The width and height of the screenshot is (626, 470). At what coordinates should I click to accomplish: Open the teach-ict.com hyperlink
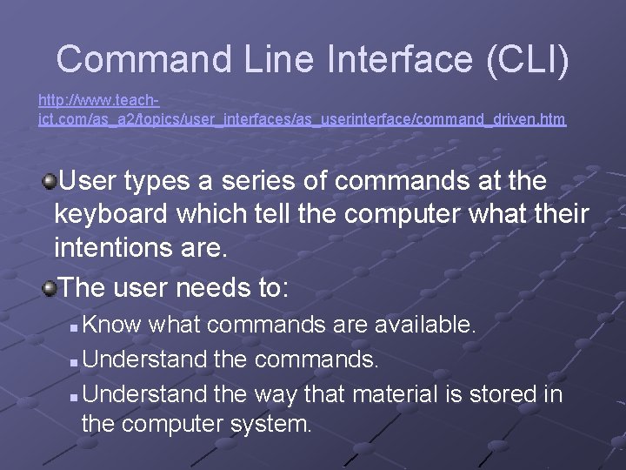click(302, 118)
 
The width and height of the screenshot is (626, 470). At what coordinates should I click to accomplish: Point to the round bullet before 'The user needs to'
click(50, 288)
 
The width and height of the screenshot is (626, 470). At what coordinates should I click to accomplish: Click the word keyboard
click(108, 215)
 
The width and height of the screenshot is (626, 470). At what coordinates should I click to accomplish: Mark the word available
click(425, 326)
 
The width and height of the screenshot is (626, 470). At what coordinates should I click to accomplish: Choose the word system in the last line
click(273, 426)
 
